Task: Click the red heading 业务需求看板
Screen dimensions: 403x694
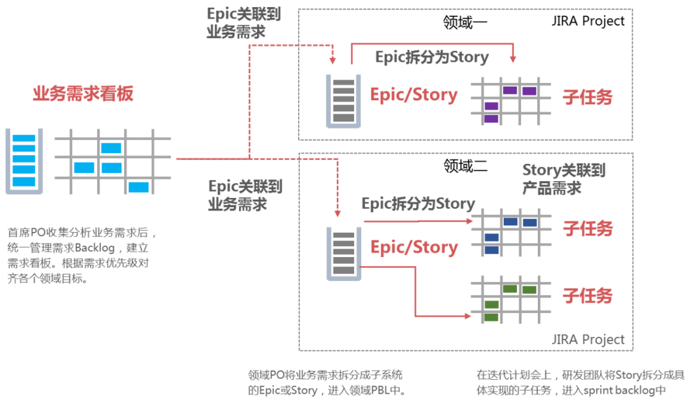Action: point(84,94)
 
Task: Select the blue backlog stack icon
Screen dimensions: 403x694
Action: point(24,160)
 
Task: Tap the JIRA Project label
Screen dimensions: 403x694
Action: point(589,339)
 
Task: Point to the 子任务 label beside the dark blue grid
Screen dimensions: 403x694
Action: point(587,228)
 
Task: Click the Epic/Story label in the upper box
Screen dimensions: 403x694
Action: point(414,95)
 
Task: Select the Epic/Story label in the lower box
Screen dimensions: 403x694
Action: point(414,247)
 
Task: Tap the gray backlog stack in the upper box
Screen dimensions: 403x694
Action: point(344,98)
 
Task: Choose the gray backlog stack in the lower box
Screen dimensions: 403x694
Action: point(344,253)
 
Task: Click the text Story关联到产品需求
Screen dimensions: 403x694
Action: point(564,179)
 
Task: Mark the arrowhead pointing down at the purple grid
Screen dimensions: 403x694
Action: point(513,60)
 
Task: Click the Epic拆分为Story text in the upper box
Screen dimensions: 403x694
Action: point(432,57)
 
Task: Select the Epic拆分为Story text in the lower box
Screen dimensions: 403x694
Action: point(418,204)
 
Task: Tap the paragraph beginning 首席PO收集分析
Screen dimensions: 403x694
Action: point(81,255)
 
